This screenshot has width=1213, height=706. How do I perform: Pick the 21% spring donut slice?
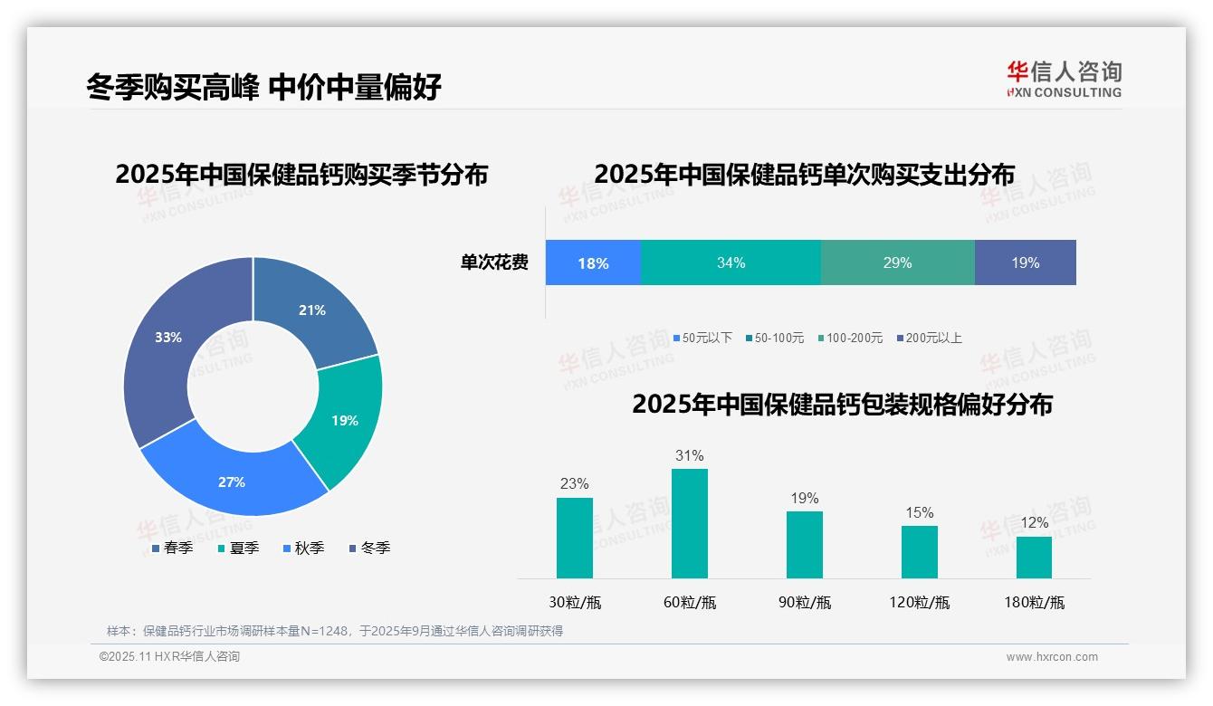(x=312, y=310)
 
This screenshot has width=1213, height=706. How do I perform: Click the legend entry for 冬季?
(x=369, y=549)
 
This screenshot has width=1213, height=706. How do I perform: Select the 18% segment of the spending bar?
(x=593, y=263)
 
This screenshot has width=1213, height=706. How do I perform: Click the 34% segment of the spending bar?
(x=731, y=263)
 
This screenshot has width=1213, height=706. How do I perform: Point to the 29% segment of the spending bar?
(x=897, y=263)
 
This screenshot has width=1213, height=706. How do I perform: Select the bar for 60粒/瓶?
(x=690, y=523)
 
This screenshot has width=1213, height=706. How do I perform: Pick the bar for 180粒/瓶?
(x=1034, y=557)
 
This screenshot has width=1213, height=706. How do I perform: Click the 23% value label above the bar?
(x=574, y=484)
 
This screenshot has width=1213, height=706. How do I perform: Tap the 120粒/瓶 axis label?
(x=919, y=603)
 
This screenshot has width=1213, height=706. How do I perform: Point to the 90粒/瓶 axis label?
(x=804, y=603)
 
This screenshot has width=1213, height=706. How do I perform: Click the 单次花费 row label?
(x=494, y=263)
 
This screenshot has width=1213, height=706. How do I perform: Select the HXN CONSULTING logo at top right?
(x=1064, y=79)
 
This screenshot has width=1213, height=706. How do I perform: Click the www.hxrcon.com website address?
(x=1052, y=657)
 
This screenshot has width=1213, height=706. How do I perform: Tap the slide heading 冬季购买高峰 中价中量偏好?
(x=263, y=88)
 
